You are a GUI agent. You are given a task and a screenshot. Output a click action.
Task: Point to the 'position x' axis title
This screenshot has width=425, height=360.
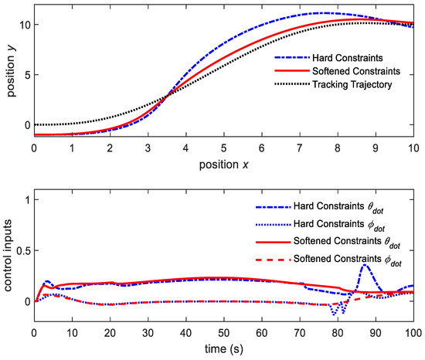click(224, 165)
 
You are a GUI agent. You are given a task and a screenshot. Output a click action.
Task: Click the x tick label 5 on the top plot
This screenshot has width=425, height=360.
click(224, 147)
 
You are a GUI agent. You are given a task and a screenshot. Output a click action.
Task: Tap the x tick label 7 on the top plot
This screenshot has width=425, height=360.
click(300, 147)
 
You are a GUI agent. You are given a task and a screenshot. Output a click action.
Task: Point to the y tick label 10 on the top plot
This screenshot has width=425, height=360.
click(24, 25)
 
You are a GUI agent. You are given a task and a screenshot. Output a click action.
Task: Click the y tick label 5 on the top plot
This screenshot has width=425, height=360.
click(26, 75)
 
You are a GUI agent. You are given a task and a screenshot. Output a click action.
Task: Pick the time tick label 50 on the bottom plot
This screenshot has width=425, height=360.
click(224, 333)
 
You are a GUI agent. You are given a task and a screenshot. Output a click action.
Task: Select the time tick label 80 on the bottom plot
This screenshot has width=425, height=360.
click(338, 333)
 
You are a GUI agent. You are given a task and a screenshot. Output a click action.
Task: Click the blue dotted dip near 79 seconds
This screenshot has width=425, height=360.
click(334, 314)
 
